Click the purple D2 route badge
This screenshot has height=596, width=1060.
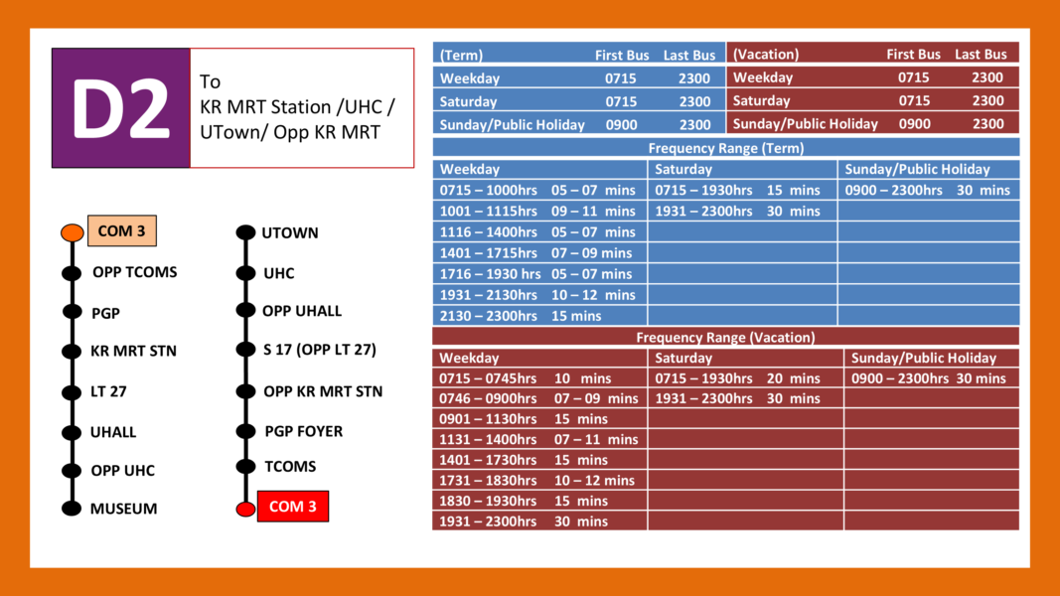(120, 107)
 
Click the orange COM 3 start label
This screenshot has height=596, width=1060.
(121, 231)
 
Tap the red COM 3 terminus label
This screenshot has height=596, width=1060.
(292, 507)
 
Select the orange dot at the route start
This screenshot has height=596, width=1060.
(72, 232)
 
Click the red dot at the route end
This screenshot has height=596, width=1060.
(244, 509)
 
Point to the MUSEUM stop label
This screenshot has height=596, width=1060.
(123, 509)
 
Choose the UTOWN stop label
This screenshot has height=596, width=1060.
(290, 233)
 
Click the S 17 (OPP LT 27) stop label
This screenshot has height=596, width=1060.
(319, 350)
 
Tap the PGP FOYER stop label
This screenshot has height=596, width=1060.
(303, 431)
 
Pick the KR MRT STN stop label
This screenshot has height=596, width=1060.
(133, 351)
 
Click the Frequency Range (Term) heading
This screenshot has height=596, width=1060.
(725, 148)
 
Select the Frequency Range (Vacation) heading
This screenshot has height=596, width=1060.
(725, 337)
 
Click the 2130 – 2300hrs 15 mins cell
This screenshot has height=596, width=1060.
(539, 316)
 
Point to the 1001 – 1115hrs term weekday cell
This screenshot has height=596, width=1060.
(539, 211)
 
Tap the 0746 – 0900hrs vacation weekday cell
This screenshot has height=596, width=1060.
(539, 398)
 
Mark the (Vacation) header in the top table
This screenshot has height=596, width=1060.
(766, 55)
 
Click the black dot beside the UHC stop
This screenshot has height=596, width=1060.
(244, 273)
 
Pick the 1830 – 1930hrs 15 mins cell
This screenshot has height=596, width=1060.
(539, 501)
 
